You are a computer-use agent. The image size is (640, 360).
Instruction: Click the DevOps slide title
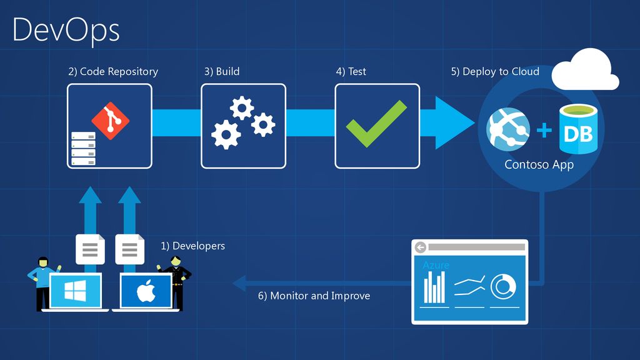pos(66,30)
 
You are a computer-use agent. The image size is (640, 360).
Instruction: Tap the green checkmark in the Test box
pos(376,123)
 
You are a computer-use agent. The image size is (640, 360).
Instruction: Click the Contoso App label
pos(539,165)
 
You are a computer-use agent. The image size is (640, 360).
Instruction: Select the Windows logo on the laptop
pos(76,291)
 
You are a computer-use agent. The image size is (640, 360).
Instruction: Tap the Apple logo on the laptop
pos(146,291)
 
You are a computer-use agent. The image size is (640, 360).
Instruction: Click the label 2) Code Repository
pos(113,71)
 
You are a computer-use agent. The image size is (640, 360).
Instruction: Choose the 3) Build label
pos(221,71)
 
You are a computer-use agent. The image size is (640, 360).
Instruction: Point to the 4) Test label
pos(351,71)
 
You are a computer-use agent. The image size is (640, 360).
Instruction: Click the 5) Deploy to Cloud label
pos(495,71)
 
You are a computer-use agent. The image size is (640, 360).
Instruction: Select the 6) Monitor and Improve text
pos(314,296)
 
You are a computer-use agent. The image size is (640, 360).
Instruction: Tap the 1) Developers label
pos(192,246)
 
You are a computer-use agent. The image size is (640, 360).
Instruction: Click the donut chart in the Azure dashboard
pos(502,286)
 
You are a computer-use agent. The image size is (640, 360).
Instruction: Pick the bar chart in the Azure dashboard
pos(434,287)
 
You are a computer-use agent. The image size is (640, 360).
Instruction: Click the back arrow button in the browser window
pos(420,247)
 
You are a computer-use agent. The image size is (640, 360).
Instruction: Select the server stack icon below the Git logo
pos(83,149)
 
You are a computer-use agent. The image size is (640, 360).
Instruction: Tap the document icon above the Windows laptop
pos(90,249)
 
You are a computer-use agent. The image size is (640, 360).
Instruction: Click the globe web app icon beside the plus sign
pos(507,129)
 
